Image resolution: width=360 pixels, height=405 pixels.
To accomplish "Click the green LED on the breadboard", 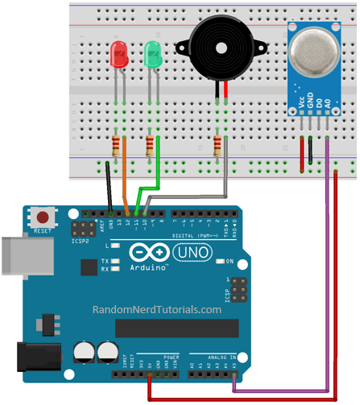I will pyautogui.click(x=153, y=55).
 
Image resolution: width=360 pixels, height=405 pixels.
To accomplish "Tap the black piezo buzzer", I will pyautogui.click(x=218, y=48).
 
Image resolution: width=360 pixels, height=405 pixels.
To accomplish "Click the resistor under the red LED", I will pyautogui.click(x=118, y=147).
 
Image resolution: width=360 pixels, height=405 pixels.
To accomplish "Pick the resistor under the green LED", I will pyautogui.click(x=151, y=147).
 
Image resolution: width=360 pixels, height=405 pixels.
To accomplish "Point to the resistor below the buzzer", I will pyautogui.click(x=217, y=147).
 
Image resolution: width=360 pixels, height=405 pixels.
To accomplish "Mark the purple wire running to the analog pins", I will pyautogui.click(x=327, y=266).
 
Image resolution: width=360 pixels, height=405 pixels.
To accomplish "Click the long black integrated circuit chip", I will pyautogui.click(x=176, y=329).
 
